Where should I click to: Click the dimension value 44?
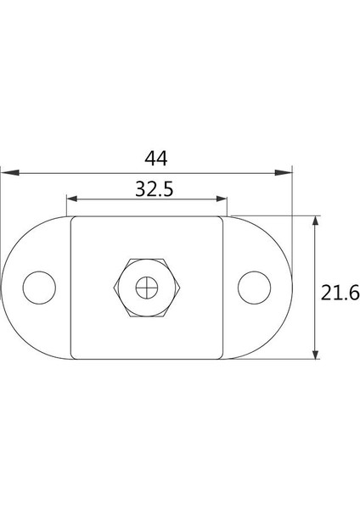coord(156,159)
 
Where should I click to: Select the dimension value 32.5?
coord(155,189)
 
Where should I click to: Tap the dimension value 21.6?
coord(340,292)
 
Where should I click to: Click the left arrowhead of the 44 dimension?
coord(9,173)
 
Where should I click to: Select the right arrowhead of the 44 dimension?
coord(284,173)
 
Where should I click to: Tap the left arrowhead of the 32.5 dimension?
coord(72,199)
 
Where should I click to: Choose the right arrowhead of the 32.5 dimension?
coord(222,199)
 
